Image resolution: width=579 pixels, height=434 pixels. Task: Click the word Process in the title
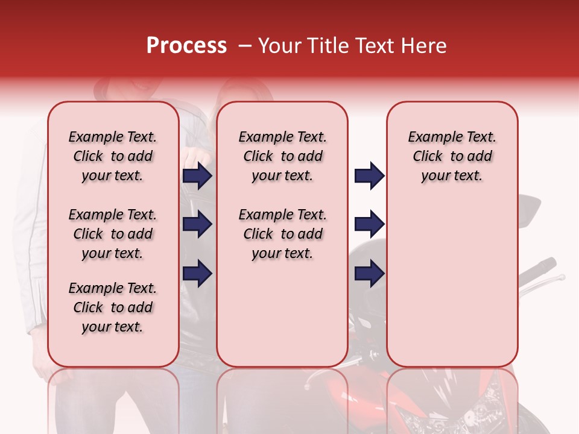[186, 46]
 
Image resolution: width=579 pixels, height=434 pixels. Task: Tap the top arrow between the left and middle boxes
[197, 176]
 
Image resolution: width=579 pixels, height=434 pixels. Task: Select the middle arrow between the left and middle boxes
[197, 225]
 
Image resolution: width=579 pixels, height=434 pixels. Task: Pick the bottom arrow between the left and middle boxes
[197, 274]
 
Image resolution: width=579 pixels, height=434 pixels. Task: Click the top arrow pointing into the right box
[369, 176]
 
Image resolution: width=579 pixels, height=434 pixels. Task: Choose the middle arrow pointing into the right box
[369, 225]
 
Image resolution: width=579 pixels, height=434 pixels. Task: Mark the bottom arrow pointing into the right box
[369, 274]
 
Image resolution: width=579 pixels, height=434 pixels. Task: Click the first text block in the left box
[113, 156]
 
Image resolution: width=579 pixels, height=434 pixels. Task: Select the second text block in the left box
[113, 234]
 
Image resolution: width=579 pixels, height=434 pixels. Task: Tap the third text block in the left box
[113, 307]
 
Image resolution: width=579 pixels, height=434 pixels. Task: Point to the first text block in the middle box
[282, 156]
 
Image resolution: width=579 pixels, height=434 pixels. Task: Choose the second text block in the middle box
[282, 234]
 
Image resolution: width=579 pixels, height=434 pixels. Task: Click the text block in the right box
[452, 156]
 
